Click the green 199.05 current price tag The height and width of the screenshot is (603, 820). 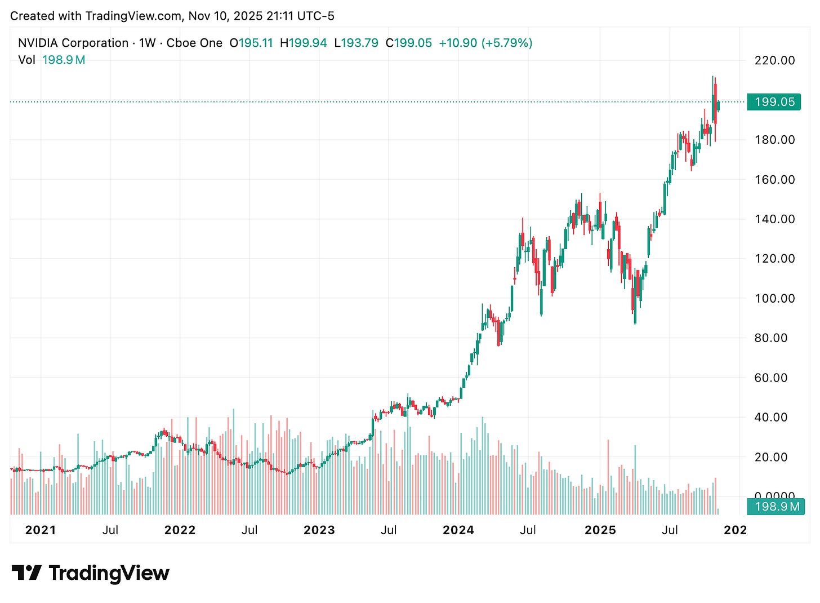tap(774, 102)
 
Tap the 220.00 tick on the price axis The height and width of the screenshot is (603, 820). tap(774, 60)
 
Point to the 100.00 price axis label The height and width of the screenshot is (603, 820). tap(774, 298)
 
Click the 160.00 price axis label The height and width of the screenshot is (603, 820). tap(774, 179)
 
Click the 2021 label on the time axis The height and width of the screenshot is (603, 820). tap(41, 530)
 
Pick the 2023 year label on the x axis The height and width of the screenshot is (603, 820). tap(319, 530)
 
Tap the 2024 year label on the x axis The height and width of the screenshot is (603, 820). tap(458, 530)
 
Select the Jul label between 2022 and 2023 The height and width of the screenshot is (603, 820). tap(249, 530)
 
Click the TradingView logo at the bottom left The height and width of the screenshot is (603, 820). tap(91, 573)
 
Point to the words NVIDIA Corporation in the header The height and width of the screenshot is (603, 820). tap(73, 43)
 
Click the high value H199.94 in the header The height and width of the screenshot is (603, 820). tap(303, 43)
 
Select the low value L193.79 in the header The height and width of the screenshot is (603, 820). tap(356, 43)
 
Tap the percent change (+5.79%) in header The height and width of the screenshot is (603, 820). tap(506, 43)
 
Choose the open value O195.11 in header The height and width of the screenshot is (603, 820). tap(251, 43)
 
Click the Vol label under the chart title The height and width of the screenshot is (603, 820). tap(26, 60)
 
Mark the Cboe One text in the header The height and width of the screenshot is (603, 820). tap(194, 43)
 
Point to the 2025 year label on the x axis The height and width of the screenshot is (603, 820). tap(600, 530)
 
